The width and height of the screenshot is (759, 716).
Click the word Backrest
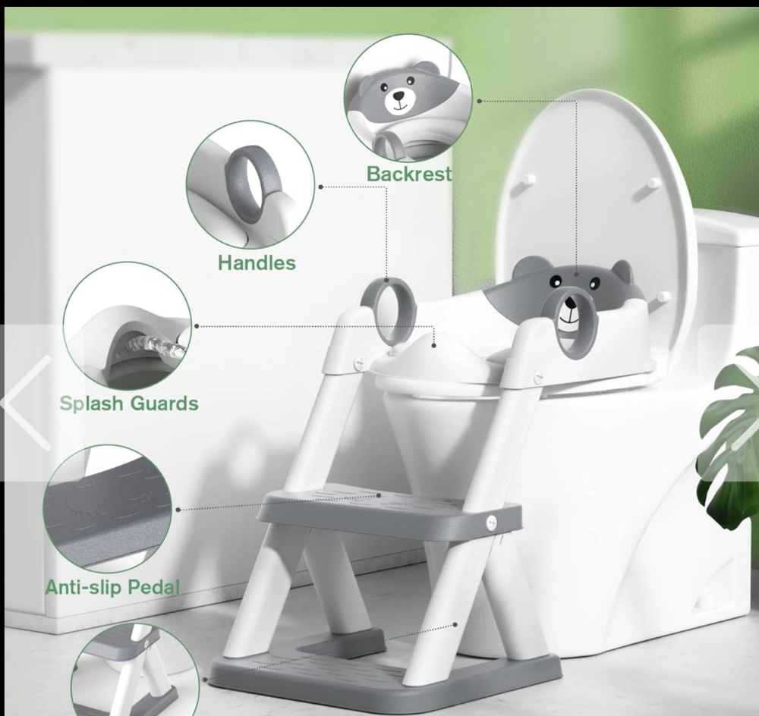pyautogui.click(x=409, y=174)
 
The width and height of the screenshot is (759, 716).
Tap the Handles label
pyautogui.click(x=257, y=262)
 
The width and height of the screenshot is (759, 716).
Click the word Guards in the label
pyautogui.click(x=165, y=404)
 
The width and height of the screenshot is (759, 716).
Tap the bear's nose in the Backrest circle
pyautogui.click(x=399, y=96)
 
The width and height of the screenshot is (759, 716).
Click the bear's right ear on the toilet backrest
pyautogui.click(x=623, y=272)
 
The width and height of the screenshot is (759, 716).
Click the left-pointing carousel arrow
pyautogui.click(x=27, y=403)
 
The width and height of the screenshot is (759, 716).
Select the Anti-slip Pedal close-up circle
pyautogui.click(x=108, y=509)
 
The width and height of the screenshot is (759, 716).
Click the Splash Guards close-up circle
pyautogui.click(x=128, y=326)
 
